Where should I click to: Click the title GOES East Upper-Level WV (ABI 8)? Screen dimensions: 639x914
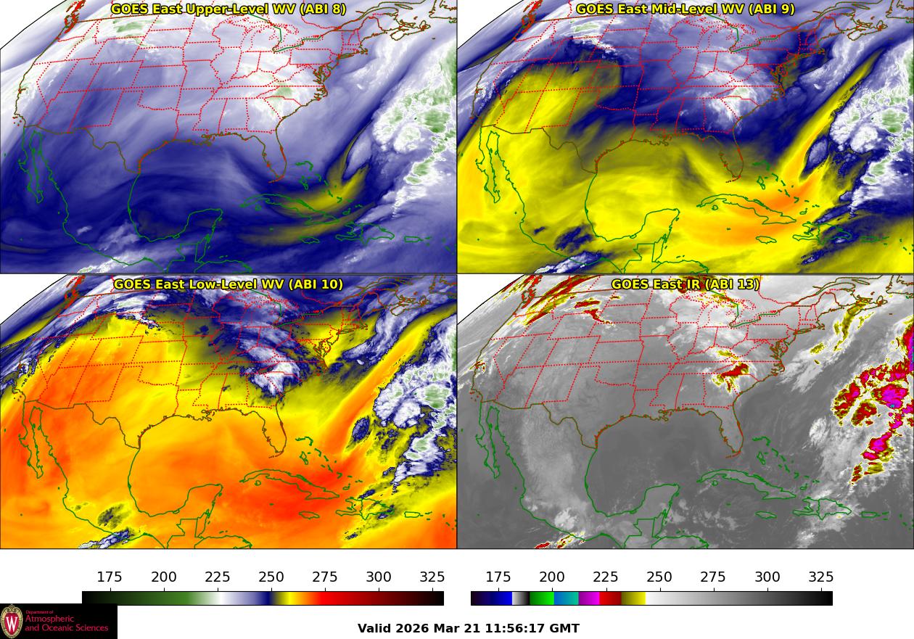pos(228,9)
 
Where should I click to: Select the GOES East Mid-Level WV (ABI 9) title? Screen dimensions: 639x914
pos(685,9)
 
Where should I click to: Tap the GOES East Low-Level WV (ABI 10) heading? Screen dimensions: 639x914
pos(228,284)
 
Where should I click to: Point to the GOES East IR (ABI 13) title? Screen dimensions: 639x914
pos(685,284)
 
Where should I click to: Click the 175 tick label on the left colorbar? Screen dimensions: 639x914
pos(110,577)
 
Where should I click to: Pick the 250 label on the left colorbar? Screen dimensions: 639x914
pos(271,577)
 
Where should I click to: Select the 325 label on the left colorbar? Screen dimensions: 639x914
pos(432,577)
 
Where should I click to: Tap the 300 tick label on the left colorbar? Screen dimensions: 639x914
pos(379,577)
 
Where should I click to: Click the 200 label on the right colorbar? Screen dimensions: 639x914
pos(552,577)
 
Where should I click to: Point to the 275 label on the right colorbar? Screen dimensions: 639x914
pos(713,577)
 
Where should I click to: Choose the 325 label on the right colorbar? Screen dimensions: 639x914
pos(820,577)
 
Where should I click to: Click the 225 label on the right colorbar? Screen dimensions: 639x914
pos(606,577)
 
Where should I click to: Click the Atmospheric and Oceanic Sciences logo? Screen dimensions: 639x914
pos(58,622)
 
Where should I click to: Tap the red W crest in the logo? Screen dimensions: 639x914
pos(12,622)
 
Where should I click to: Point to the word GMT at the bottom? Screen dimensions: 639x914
pos(566,629)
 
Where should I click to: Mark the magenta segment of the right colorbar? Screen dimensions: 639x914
pos(588,598)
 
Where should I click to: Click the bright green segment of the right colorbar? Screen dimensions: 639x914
pos(541,598)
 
